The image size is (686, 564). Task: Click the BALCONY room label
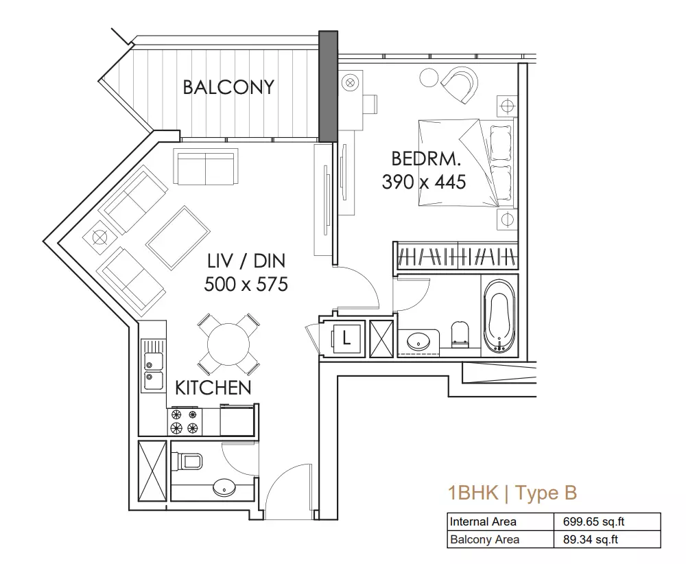point(228,87)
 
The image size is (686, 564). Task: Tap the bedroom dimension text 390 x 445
point(423,182)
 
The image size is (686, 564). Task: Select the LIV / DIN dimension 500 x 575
point(246,285)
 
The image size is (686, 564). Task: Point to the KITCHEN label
point(213,388)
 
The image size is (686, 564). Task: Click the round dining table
point(228,344)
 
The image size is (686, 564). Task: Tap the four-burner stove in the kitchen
point(184,421)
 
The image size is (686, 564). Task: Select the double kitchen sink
point(154,366)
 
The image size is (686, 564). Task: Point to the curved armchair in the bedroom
point(460,84)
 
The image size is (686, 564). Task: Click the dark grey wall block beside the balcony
point(328,86)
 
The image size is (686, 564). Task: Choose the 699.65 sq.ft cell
point(593,521)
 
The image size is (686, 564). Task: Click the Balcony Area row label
point(484,539)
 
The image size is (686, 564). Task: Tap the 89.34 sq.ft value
point(590,539)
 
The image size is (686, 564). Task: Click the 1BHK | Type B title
point(512,493)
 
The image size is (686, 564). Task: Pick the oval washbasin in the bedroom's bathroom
point(418,341)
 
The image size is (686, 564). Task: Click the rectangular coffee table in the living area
point(178,237)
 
